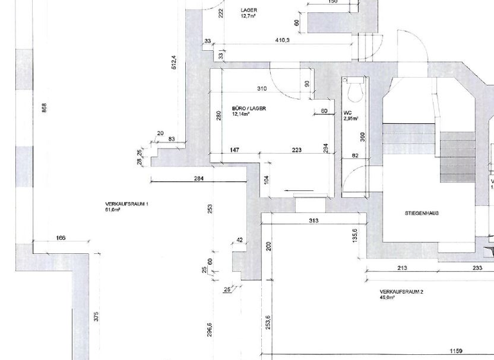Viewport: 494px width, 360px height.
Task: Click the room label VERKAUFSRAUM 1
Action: coord(127,204)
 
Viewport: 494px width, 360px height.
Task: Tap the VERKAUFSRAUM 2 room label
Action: coord(401,292)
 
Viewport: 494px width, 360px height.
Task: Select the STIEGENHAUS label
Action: coord(421,213)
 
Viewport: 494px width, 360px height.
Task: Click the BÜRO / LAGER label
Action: coord(249,109)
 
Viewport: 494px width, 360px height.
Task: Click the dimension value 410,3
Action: coord(282,40)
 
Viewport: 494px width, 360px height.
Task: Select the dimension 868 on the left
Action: coord(44,107)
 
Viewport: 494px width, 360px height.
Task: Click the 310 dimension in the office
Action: coord(262,89)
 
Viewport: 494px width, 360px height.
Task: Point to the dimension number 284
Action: coord(199,179)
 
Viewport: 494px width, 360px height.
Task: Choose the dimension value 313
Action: coord(313,221)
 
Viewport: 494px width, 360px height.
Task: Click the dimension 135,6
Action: coord(354,235)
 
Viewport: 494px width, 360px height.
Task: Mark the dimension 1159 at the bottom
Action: coord(455,351)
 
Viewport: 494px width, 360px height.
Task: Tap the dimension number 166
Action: coord(60,238)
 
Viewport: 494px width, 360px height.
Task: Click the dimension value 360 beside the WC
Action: coord(363,136)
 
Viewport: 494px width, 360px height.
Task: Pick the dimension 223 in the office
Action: coord(297,150)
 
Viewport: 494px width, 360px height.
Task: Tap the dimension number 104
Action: coord(267,179)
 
